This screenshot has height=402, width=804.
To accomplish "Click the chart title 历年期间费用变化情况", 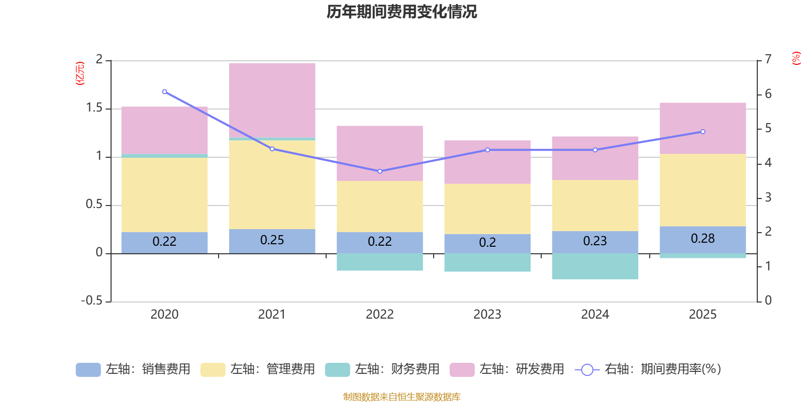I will pyautogui.click(x=401, y=12).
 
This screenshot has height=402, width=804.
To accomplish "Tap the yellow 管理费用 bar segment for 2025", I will pyautogui.click(x=702, y=190).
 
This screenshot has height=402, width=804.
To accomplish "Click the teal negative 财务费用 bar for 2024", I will pyautogui.click(x=595, y=266).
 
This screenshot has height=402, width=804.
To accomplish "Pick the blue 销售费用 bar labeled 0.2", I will pyautogui.click(x=487, y=243).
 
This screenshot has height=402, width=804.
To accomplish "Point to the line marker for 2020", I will pyautogui.click(x=164, y=92).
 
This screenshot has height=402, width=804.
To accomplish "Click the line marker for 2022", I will pyautogui.click(x=380, y=171).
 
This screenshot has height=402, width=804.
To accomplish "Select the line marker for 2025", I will pyautogui.click(x=702, y=132).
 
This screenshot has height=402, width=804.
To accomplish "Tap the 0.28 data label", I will pyautogui.click(x=702, y=239).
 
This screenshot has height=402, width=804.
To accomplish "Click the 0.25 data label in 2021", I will pyautogui.click(x=272, y=240).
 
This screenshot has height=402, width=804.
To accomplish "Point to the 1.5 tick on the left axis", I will pyautogui.click(x=94, y=108).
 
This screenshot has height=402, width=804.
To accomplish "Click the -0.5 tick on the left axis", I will pyautogui.click(x=91, y=300).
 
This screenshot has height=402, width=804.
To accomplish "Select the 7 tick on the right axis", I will pyautogui.click(x=768, y=59).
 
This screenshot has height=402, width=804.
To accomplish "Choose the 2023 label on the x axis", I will pyautogui.click(x=487, y=315).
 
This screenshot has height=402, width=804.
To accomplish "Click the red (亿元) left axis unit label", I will pyautogui.click(x=79, y=73).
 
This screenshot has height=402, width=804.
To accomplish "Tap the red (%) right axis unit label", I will pyautogui.click(x=796, y=58).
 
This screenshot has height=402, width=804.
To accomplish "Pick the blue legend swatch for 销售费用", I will pyautogui.click(x=88, y=370).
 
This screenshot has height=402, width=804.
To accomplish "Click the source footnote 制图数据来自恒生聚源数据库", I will pyautogui.click(x=401, y=397).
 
